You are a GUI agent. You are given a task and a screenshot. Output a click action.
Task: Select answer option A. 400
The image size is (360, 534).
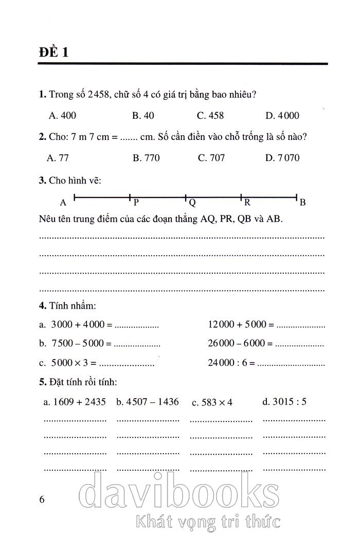pos(62,116)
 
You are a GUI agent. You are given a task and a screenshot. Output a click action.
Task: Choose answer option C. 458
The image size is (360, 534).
pos(210,116)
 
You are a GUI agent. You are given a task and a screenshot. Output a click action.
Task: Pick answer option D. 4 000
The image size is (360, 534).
pos(282,116)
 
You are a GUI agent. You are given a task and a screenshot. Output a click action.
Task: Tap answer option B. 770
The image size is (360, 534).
pos(146,158)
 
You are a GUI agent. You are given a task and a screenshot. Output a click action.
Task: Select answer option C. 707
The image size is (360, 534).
pos(211,158)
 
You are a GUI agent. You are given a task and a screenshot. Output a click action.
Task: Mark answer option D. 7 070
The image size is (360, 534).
pos(282,158)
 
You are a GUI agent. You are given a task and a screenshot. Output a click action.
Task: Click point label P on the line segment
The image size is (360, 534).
pos(136,202)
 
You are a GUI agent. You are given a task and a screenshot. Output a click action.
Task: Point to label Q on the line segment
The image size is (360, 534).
pos(192,202)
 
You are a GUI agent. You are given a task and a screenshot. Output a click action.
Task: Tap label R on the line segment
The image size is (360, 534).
pos(247,202)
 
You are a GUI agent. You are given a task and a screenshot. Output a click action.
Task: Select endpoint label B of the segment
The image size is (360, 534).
pos(303,202)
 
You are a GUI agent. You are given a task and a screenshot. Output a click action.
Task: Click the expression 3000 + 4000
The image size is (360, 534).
pos(78,325)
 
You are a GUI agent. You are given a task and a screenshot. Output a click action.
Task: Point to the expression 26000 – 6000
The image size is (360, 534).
pos(236,343)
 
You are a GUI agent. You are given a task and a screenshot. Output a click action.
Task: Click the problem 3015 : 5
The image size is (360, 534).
pos(284,401)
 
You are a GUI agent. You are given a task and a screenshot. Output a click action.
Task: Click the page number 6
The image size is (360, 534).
pos(42,499)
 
